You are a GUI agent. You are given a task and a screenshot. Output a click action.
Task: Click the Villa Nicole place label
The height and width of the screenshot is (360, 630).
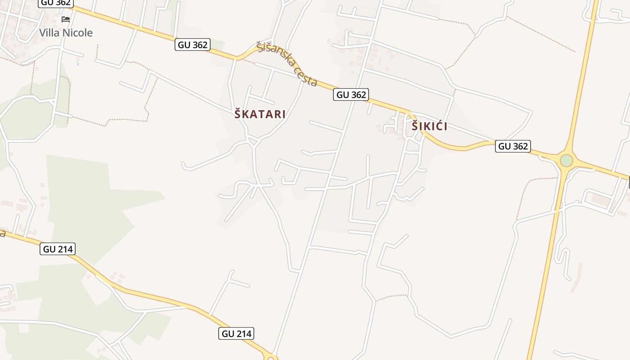pos(66,33)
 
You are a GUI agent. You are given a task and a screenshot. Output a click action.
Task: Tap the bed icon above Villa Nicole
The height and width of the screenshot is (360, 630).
pos(66,19)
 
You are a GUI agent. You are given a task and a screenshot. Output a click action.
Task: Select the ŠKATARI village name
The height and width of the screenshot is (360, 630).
pos(260,114)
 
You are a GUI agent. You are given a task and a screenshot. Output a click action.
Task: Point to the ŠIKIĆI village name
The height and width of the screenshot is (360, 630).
pos(430,126)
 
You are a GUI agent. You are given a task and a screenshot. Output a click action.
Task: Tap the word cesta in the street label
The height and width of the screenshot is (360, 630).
pos(306,76)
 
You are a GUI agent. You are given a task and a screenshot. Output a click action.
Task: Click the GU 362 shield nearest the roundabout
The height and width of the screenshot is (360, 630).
pos(513,146)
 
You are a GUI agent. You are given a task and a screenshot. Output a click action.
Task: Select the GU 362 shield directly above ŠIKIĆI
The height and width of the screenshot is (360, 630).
pos(351,94)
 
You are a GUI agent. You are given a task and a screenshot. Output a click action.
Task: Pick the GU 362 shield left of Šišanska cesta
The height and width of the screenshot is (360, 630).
pos(193,45)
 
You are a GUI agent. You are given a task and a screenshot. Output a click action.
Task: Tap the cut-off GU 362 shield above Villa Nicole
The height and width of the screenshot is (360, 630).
pos(56,3)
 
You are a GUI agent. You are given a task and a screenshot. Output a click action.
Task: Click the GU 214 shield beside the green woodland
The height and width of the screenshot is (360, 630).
pos(58,249)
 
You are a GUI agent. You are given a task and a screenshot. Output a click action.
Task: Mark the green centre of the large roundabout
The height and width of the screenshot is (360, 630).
pos(566,161)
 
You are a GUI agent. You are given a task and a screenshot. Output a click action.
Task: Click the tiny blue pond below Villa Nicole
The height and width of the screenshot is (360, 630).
pos(78,64)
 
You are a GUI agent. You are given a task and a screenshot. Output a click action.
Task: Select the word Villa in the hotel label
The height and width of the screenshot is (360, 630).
pos(49,33)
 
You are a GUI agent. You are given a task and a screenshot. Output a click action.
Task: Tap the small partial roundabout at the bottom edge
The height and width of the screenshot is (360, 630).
pos(271,358)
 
